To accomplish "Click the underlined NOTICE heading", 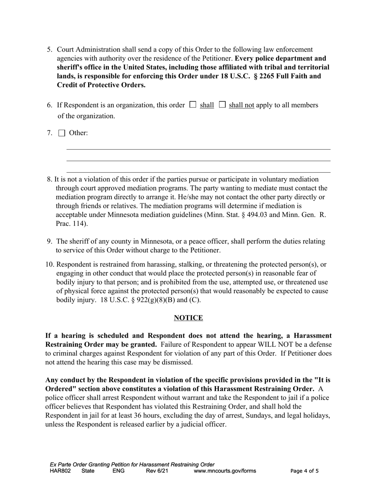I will [x=188, y=318].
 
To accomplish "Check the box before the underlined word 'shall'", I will [x=193, y=105].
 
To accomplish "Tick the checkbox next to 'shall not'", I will [x=222, y=105].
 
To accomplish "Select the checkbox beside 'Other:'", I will [x=62, y=133].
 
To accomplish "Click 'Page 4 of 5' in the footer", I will [x=304, y=471].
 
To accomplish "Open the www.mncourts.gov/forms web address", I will [x=225, y=471].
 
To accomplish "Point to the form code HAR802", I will [x=60, y=471].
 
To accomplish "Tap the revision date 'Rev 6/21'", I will [x=157, y=471].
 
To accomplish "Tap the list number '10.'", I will [x=50, y=264].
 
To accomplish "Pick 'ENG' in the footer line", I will [x=119, y=471].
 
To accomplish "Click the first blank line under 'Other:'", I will [x=198, y=149].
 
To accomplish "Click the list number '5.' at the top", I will [x=50, y=50].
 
